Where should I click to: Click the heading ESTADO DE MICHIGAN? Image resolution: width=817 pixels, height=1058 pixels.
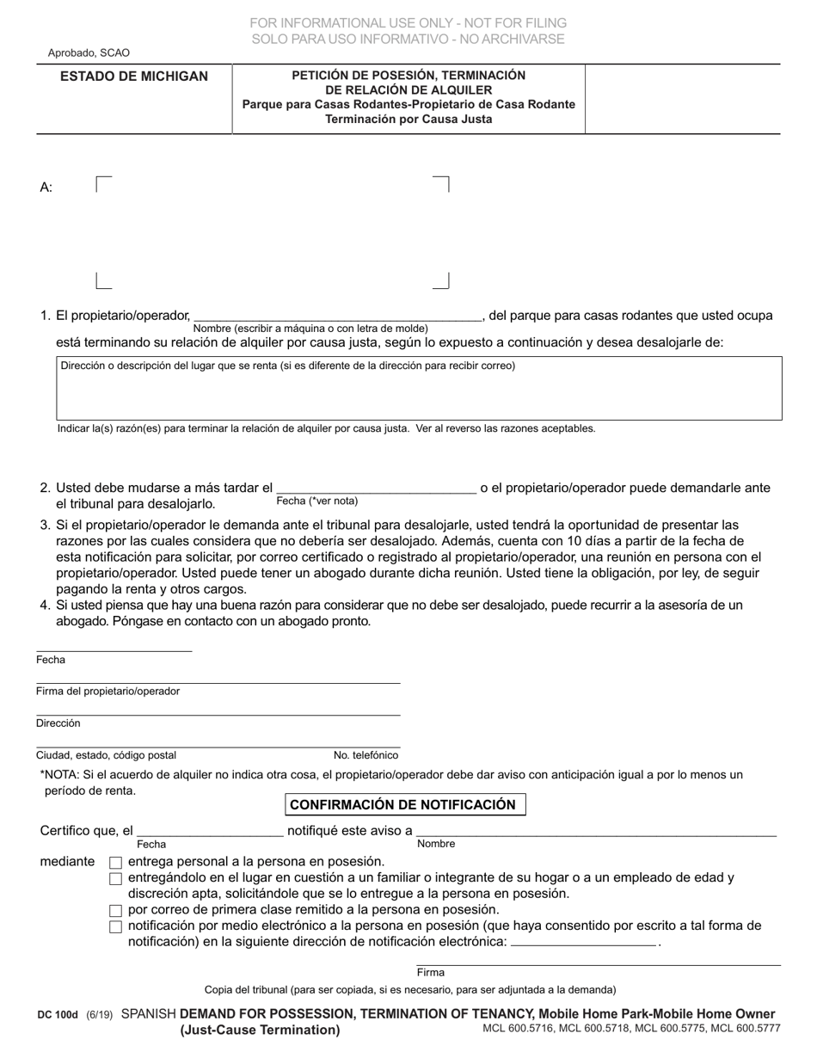[133, 77]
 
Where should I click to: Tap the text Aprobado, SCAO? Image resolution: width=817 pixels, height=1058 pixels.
[89, 53]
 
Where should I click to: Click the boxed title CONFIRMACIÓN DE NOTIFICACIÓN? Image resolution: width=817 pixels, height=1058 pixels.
[403, 805]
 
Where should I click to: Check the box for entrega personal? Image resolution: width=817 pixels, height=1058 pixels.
[116, 863]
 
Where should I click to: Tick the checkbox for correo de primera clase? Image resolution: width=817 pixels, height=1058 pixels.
[116, 911]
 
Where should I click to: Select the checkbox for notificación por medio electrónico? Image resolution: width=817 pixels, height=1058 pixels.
[116, 927]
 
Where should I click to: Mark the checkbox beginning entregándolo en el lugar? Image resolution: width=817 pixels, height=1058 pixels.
[116, 879]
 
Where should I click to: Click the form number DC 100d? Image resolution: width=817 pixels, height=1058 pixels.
[58, 1016]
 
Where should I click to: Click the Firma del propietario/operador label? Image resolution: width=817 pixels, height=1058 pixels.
[107, 692]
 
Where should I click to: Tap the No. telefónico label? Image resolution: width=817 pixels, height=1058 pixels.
[365, 755]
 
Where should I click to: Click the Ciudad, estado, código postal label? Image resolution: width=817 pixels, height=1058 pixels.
[106, 755]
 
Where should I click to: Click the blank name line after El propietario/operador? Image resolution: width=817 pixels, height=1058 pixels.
[337, 316]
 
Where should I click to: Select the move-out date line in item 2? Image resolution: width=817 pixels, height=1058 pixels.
[376, 489]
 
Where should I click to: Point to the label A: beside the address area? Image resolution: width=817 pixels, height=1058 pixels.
[46, 188]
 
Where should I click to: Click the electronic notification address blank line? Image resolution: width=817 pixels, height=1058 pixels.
[583, 943]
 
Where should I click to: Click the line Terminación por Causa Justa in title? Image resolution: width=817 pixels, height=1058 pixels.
[408, 120]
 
